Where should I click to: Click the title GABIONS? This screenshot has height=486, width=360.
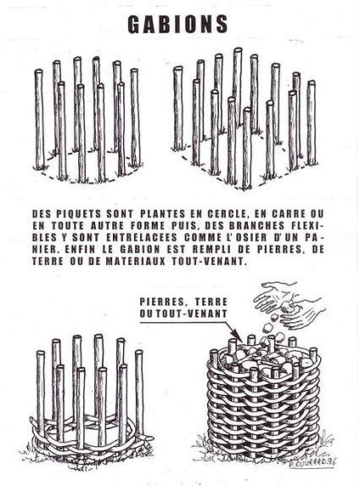pos(177,25)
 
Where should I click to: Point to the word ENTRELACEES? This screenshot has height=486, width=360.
pos(142,238)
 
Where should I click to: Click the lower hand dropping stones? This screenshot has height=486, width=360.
pos(304,313)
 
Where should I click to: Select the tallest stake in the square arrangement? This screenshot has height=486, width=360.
pos(238,87)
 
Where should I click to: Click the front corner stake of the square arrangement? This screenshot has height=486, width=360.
pos(246,148)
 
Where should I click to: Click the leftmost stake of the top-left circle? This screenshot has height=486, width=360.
pos(39,119)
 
